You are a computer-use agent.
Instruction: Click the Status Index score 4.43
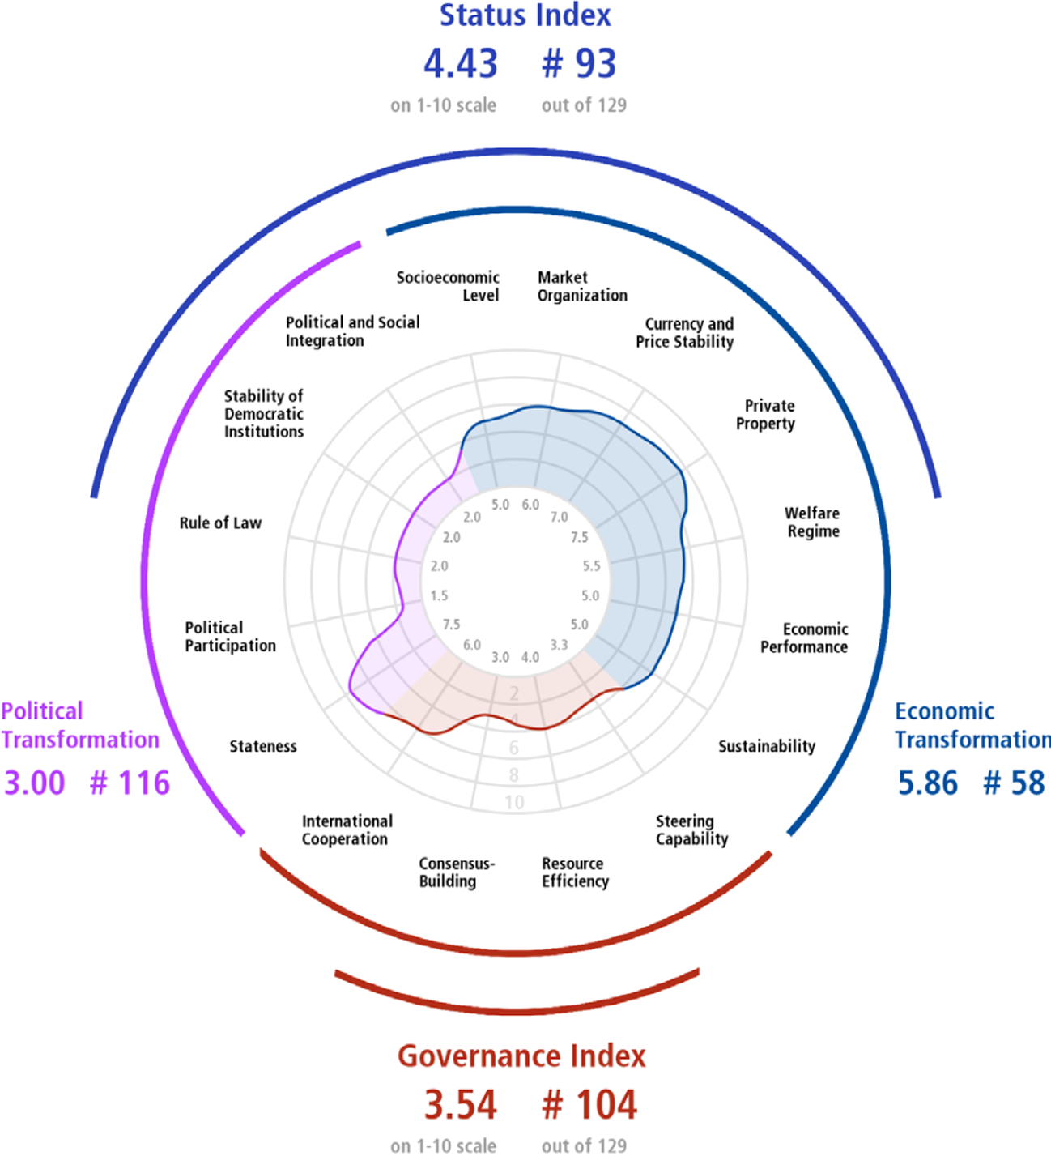click(x=461, y=63)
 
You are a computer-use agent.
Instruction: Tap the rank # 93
click(x=579, y=63)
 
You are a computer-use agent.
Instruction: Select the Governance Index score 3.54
click(x=461, y=1105)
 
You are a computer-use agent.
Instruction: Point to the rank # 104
click(x=589, y=1105)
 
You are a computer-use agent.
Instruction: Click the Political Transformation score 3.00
click(x=35, y=783)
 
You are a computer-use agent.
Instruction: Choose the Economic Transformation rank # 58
click(x=1014, y=783)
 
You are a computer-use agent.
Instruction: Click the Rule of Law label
click(x=221, y=523)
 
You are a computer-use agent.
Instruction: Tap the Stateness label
click(x=263, y=746)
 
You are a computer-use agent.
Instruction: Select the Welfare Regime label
click(x=813, y=522)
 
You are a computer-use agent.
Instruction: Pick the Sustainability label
click(x=767, y=747)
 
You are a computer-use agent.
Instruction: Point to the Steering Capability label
click(x=692, y=830)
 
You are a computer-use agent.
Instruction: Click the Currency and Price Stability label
click(x=685, y=332)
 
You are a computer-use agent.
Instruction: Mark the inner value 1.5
click(x=439, y=595)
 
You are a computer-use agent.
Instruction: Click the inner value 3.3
click(x=559, y=644)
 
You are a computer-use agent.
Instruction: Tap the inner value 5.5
click(x=591, y=566)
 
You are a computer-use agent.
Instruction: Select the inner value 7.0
click(x=559, y=517)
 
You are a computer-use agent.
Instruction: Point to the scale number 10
click(x=514, y=802)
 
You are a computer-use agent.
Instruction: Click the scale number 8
click(x=514, y=775)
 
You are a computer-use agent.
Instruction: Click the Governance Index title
click(x=521, y=1056)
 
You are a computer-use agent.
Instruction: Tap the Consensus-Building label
click(x=457, y=872)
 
